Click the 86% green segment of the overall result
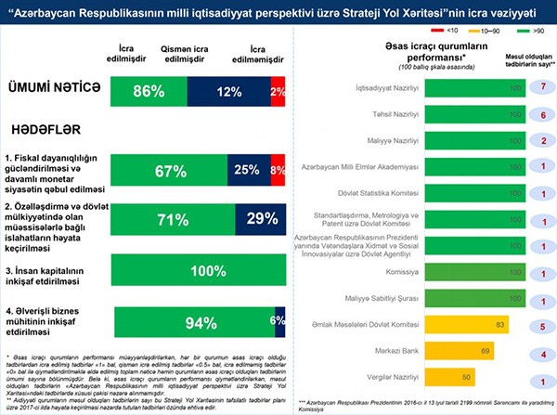(148, 91)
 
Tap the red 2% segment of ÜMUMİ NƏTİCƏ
(278, 91)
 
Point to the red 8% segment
(277, 172)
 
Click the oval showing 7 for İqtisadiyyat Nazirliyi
(536, 84)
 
